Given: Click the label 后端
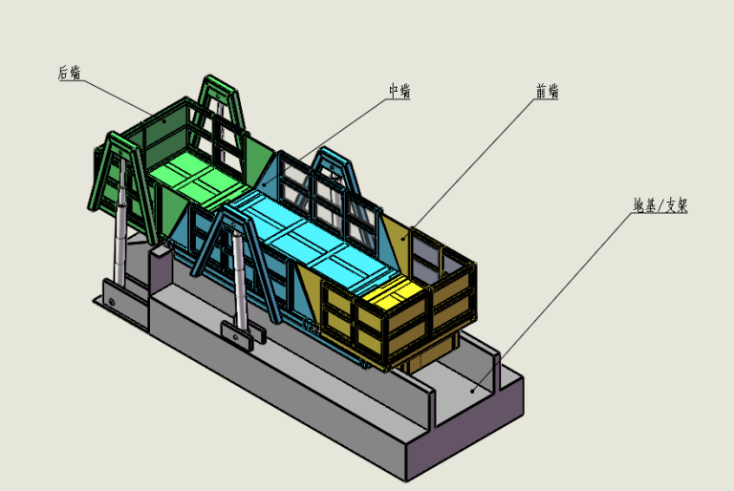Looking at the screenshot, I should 69,73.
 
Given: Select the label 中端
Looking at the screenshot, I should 399,91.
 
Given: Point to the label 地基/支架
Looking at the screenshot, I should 659,205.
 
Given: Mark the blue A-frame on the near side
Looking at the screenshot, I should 235,235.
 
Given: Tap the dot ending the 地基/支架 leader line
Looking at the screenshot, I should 473,389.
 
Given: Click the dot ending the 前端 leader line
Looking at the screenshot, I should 404,233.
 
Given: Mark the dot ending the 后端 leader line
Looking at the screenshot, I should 163,121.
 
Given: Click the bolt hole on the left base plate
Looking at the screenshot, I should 114,304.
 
